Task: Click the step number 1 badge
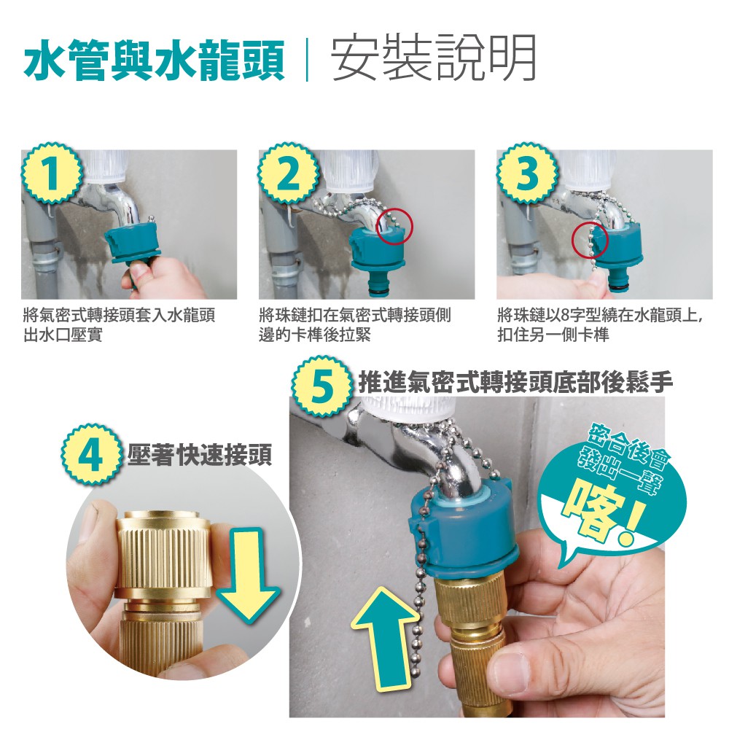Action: [51, 173]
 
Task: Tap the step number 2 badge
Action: [288, 173]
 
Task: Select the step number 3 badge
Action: [527, 173]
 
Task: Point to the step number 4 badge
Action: [92, 454]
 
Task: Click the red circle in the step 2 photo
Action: [394, 227]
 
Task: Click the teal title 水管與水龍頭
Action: [155, 60]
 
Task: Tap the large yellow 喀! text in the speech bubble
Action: [604, 513]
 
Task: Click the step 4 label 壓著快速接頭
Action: [199, 454]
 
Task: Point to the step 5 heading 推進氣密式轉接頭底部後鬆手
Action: [515, 383]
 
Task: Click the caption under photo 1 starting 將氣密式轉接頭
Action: [119, 325]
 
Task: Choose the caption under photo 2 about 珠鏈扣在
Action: [355, 325]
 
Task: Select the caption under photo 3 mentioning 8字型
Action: [600, 325]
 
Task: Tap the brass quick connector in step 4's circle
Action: [163, 586]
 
